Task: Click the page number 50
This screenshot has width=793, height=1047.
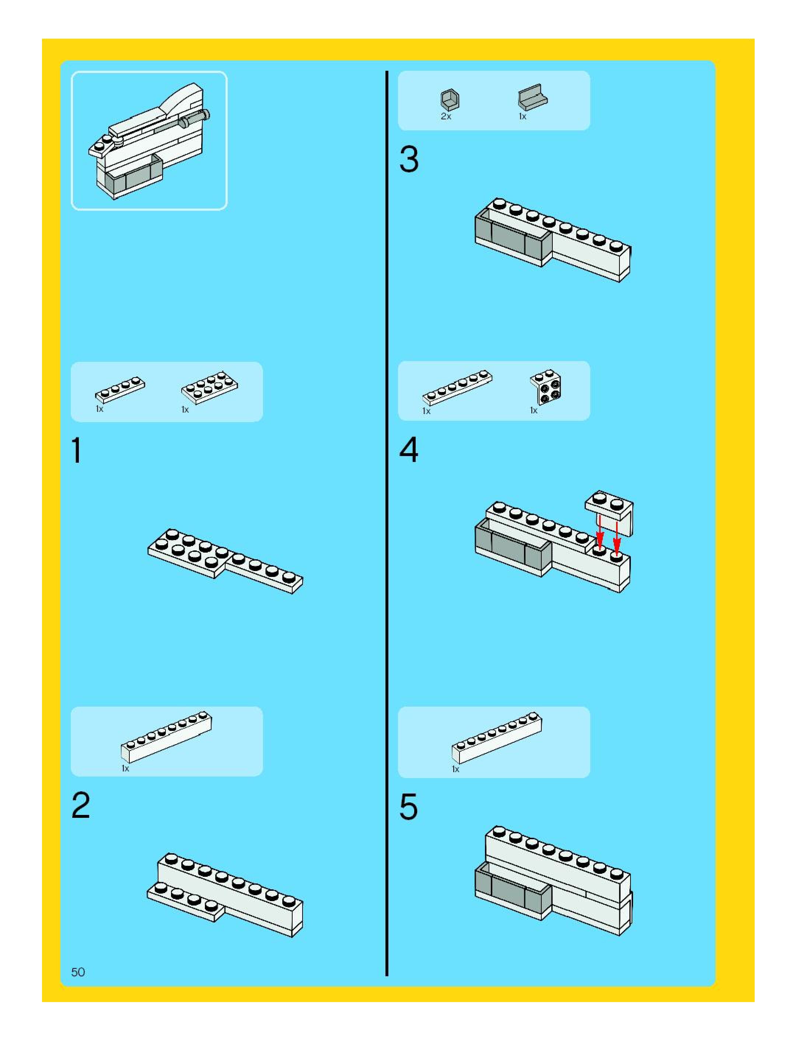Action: pos(78,972)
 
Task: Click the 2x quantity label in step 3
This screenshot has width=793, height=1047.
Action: pos(446,116)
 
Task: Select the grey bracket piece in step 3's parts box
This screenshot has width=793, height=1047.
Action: pos(532,98)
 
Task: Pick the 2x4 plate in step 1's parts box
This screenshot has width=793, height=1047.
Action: pos(210,388)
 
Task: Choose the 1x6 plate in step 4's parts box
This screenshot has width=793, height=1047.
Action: pos(457,387)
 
